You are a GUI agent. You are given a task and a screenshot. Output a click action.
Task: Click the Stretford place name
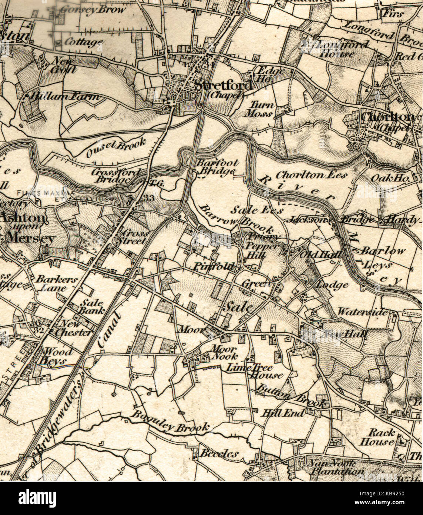[x=224, y=86]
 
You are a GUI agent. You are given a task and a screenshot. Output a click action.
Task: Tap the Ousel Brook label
[x=117, y=147]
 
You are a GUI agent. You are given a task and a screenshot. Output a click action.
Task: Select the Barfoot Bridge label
[x=217, y=167]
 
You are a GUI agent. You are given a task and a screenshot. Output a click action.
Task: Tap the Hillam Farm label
[x=65, y=97]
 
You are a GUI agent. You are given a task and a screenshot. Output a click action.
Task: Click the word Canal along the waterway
[x=110, y=329]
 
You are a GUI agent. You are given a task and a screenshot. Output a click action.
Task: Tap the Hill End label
[x=283, y=413]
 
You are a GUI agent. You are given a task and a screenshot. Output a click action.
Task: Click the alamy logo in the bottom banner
[x=37, y=497]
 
